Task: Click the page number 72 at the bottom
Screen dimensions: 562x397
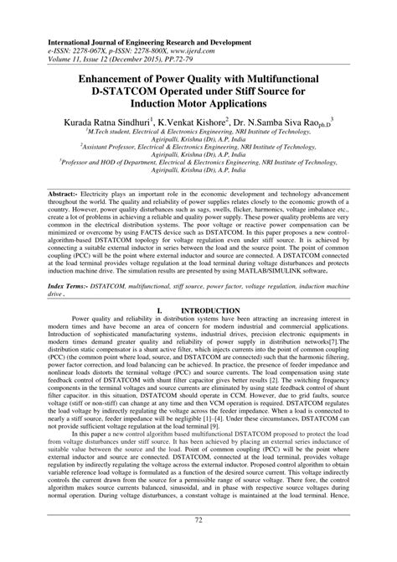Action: [198, 544]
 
